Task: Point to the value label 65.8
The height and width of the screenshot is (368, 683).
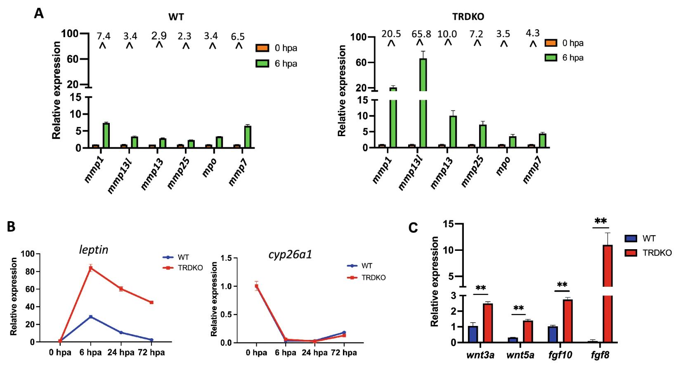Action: [x=421, y=34]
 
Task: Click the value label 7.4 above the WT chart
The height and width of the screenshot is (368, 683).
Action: [x=104, y=36]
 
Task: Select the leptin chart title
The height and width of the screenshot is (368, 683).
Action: [x=94, y=250]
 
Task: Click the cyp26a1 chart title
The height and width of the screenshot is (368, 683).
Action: [x=290, y=254]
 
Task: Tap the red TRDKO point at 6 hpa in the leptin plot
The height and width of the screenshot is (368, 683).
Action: [x=90, y=268]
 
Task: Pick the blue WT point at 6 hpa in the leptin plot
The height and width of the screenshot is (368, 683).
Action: [x=90, y=317]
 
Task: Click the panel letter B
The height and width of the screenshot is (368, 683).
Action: [x=11, y=226]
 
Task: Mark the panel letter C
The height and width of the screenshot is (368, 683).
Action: [x=413, y=228]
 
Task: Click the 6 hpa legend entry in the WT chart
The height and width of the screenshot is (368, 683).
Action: [x=277, y=64]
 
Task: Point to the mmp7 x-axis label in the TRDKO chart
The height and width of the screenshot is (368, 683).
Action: [x=532, y=170]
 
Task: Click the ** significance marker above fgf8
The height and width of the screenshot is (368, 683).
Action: [x=600, y=221]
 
